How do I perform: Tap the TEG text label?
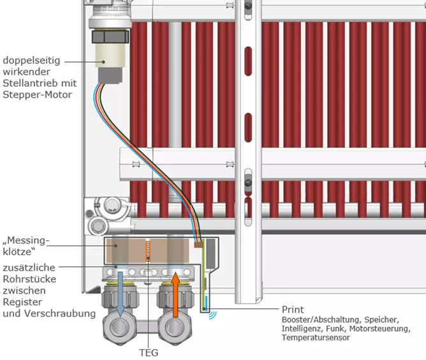pos(148,352)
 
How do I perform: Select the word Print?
pos(293,310)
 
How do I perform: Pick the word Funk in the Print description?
pos(334,329)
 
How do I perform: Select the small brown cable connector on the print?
pos(198,244)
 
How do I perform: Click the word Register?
pos(20,302)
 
